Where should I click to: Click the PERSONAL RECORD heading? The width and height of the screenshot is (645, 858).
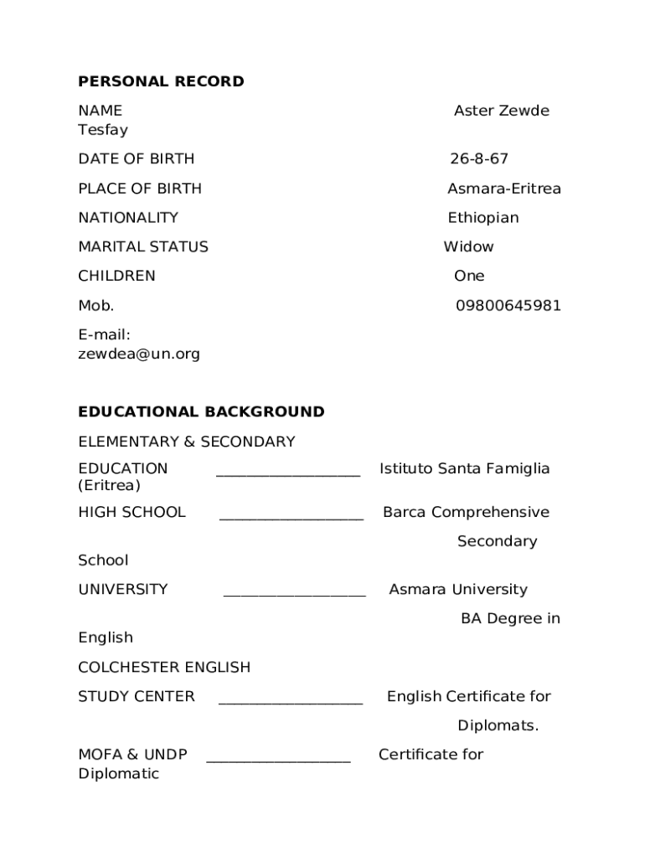(161, 81)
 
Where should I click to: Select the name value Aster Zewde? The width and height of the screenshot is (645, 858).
(501, 111)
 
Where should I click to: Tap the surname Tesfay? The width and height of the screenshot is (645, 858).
(103, 130)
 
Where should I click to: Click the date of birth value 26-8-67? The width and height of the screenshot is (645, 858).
(478, 159)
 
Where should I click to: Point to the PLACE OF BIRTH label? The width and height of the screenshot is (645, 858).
(140, 189)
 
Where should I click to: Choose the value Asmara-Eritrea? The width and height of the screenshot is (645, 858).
(503, 189)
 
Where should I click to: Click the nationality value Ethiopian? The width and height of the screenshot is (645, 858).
(482, 218)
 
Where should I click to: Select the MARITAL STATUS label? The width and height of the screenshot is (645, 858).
(143, 246)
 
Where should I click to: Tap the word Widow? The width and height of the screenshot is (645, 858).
(468, 246)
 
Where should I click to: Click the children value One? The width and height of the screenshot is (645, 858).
(469, 276)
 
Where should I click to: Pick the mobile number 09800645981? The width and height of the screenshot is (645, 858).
(508, 306)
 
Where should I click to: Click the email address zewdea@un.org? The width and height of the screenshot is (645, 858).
(139, 354)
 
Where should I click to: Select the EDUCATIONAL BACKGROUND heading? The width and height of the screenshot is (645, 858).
(201, 411)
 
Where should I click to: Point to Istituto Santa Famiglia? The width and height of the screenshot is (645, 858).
(464, 468)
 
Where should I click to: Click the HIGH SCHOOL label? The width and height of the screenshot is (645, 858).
(132, 512)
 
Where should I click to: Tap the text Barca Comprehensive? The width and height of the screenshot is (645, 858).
(466, 512)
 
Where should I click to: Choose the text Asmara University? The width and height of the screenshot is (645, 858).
(457, 589)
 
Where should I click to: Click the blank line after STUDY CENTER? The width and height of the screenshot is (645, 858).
(291, 700)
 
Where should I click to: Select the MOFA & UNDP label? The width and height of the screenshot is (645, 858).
(132, 754)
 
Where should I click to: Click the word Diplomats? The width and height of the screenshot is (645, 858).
(498, 726)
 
